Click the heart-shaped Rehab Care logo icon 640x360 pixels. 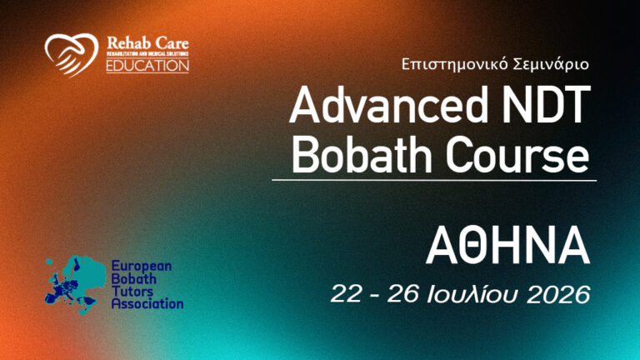[x=71, y=53]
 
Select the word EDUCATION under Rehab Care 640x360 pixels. [x=147, y=66]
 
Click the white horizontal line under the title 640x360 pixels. [x=433, y=180]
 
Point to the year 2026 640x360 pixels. [x=559, y=294]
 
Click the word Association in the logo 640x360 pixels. [x=147, y=304]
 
